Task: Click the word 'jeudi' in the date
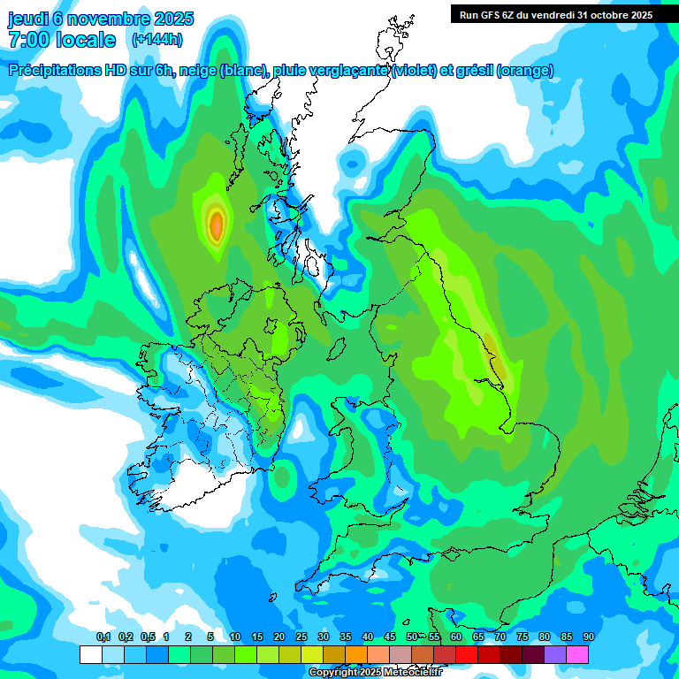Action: [31, 19]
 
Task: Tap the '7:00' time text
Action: [28, 40]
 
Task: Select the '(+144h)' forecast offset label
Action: [157, 40]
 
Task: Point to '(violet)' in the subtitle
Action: [414, 71]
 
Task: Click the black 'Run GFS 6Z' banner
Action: [555, 14]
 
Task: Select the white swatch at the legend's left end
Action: [90, 655]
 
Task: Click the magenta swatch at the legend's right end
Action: [577, 655]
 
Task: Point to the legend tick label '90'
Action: [588, 637]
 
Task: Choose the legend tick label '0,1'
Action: [103, 637]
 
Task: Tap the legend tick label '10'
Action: [234, 637]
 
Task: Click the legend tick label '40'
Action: [367, 637]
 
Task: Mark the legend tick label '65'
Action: [477, 637]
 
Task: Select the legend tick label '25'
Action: [301, 637]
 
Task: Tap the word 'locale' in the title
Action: [87, 40]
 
